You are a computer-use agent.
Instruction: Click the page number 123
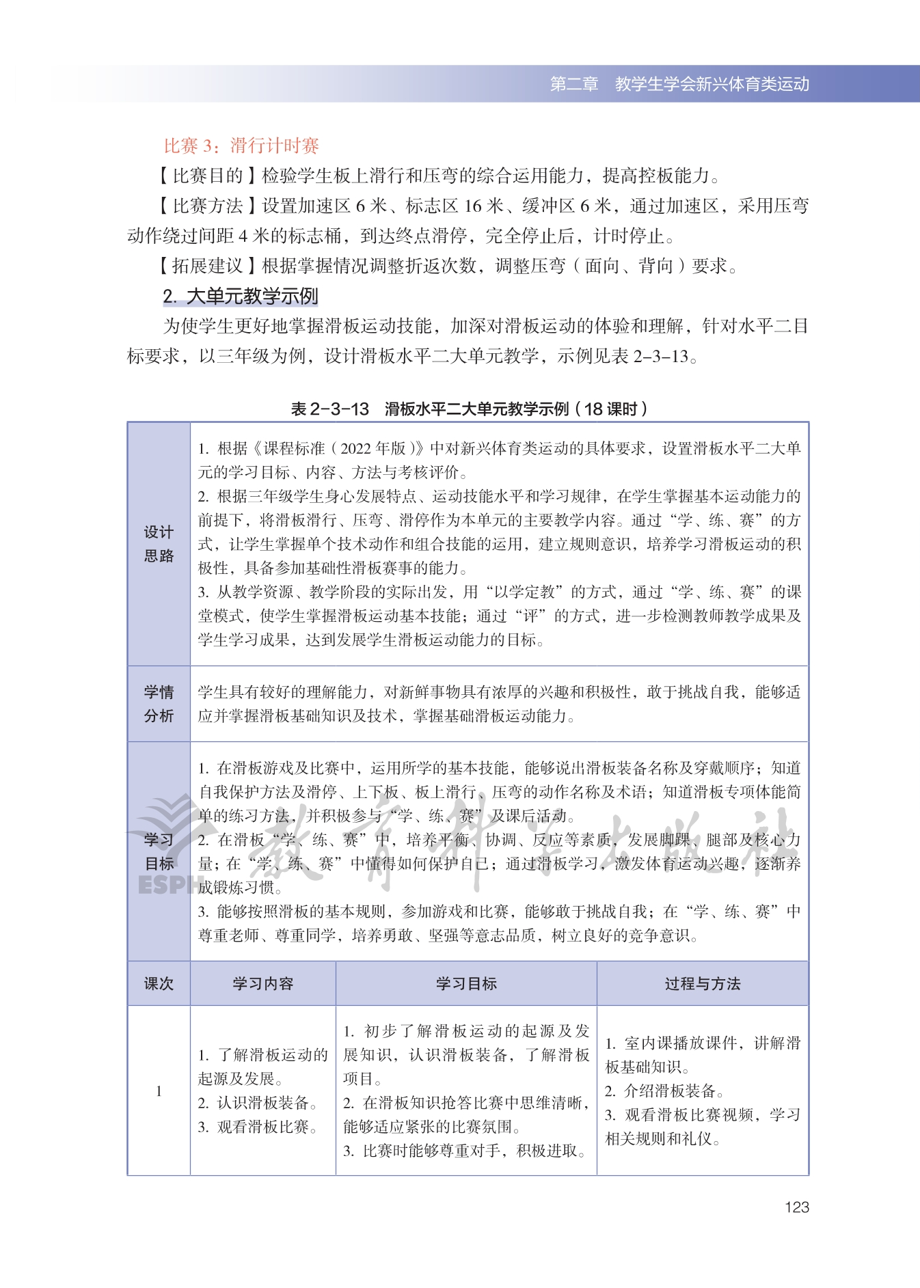[x=796, y=1207]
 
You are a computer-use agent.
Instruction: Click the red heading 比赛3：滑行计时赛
[x=241, y=146]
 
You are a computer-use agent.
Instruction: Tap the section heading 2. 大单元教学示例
[x=241, y=296]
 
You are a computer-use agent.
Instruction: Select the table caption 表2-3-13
[x=330, y=409]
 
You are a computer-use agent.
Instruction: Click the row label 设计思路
[x=159, y=544]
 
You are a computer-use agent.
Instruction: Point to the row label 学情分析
[x=159, y=704]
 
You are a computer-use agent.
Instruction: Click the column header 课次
[x=159, y=983]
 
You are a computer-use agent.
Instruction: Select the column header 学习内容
[x=263, y=983]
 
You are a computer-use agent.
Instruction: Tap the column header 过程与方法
[x=703, y=983]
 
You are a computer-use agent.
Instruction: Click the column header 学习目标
[x=466, y=983]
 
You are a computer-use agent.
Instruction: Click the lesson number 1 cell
[x=159, y=1091]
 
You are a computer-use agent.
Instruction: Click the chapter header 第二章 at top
[x=574, y=84]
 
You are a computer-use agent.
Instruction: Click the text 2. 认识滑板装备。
[x=258, y=1103]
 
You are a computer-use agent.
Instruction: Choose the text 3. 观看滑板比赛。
[x=258, y=1127]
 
